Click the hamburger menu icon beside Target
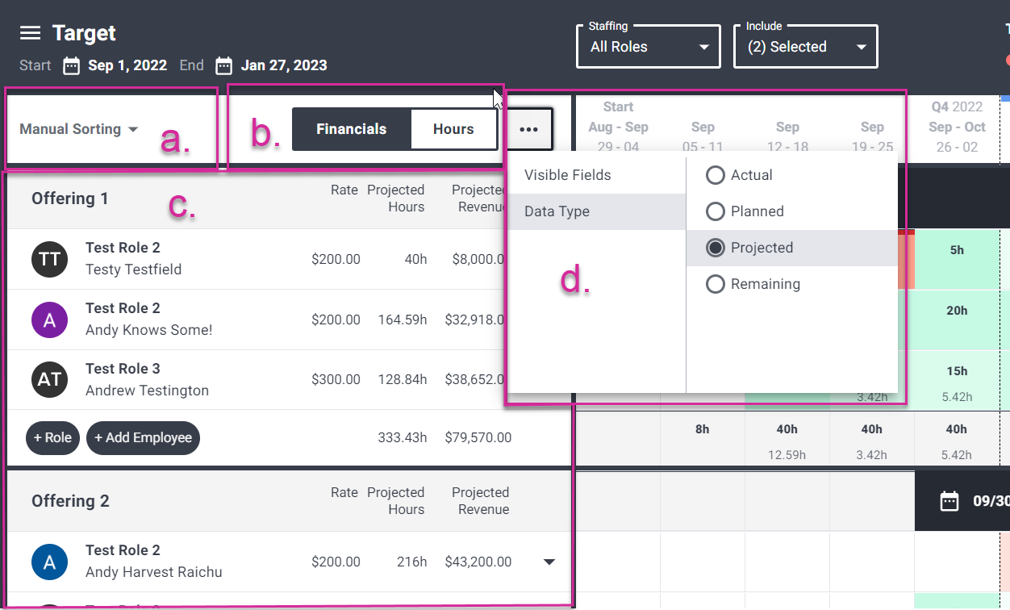(30, 33)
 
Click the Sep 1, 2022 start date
(127, 65)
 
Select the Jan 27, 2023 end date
(283, 65)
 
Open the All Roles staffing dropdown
(649, 47)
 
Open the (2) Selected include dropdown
(805, 47)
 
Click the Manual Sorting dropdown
(78, 129)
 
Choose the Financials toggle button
(351, 129)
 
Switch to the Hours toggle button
(453, 129)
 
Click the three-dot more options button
(528, 129)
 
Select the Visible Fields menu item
(568, 175)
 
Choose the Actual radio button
(715, 175)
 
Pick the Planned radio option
(715, 211)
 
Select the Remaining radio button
(715, 284)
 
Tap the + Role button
(52, 438)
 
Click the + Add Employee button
(143, 438)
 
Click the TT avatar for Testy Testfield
(49, 258)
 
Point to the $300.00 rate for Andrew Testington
(336, 379)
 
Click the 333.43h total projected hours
(402, 438)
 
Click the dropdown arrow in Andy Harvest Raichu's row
(549, 562)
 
